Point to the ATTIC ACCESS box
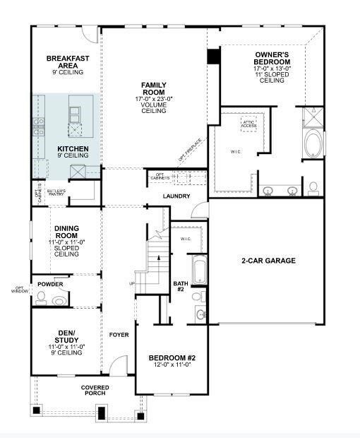click(x=249, y=124)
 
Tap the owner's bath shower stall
click(x=312, y=116)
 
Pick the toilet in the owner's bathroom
click(x=313, y=188)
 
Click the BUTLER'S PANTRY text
click(x=56, y=192)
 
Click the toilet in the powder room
click(x=43, y=300)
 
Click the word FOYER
click(x=118, y=334)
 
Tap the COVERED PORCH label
click(x=95, y=390)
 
